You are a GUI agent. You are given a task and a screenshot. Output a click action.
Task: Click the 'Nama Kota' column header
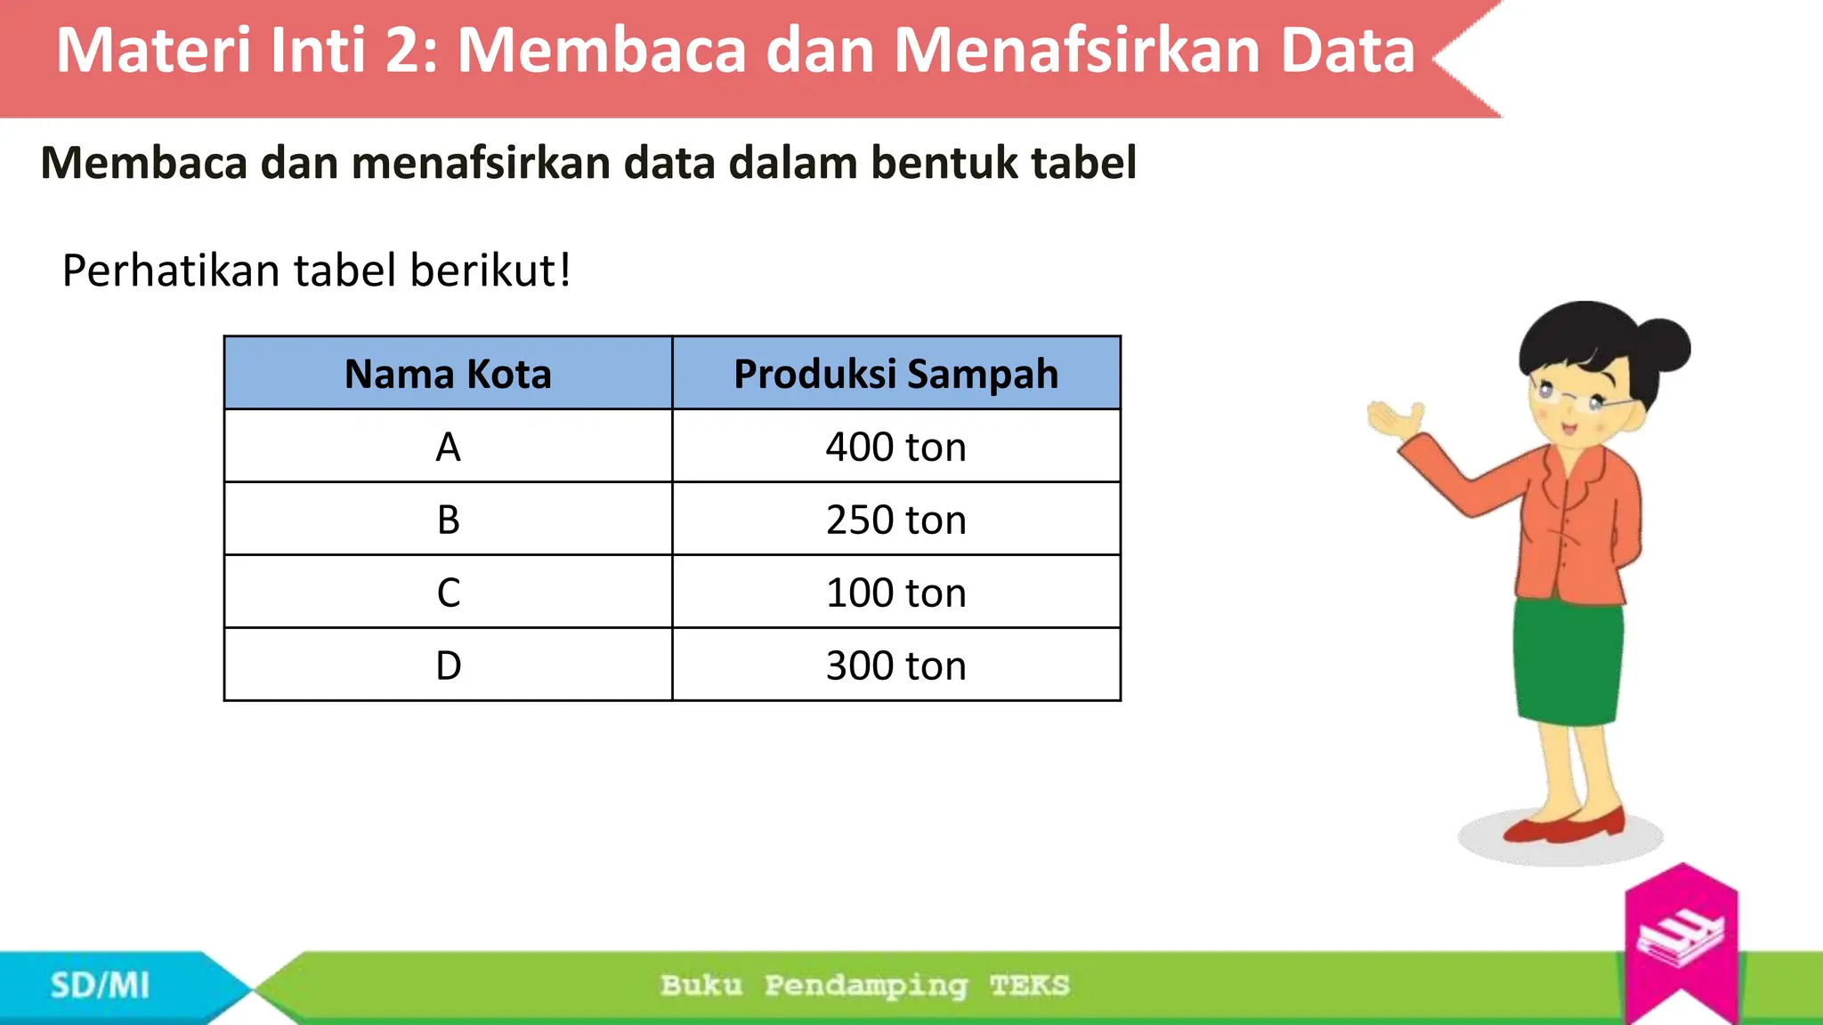click(448, 374)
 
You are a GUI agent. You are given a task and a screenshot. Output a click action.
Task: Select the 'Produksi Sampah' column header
click(895, 374)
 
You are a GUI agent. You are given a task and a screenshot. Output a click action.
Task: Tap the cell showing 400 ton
click(895, 447)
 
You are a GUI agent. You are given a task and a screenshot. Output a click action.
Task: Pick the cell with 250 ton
click(895, 520)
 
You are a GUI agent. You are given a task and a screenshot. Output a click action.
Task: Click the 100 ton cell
click(895, 593)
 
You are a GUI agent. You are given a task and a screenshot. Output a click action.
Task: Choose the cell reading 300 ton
click(895, 666)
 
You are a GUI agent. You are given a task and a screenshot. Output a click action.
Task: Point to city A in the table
click(448, 447)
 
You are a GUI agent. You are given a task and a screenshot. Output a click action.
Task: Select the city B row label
click(448, 520)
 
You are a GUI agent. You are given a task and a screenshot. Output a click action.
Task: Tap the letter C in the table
click(448, 593)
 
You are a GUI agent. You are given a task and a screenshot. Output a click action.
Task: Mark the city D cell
click(448, 666)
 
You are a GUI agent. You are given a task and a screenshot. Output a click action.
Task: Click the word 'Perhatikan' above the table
click(170, 270)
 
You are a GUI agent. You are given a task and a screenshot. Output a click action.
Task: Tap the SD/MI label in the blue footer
click(100, 986)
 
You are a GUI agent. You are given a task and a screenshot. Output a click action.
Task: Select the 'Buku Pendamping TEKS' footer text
click(864, 986)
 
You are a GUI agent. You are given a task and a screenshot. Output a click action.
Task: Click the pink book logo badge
click(1681, 939)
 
